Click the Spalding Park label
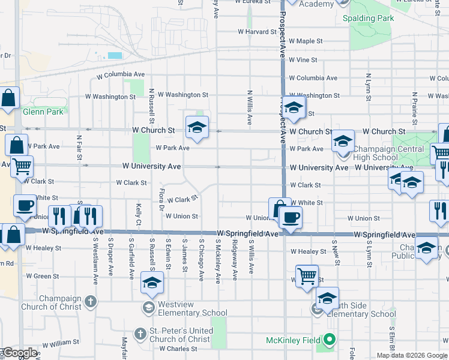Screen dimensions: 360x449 [x=368, y=19]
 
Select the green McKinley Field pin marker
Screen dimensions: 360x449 [x=329, y=340]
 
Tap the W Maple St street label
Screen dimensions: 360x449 [x=306, y=41]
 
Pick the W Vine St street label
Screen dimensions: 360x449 [x=303, y=60]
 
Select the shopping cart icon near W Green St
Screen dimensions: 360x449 [x=307, y=276]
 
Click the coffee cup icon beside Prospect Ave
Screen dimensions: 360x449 [x=291, y=217]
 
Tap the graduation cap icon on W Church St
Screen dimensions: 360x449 [x=197, y=127]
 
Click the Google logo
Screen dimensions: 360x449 [x=20, y=353]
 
